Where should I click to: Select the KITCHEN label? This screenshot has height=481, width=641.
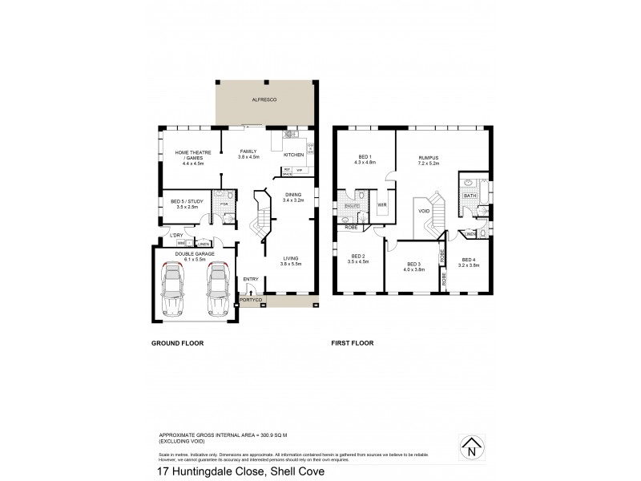[x=293, y=153]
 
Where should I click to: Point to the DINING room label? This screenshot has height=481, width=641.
[x=292, y=196]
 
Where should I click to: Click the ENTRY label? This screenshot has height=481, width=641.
[x=251, y=280]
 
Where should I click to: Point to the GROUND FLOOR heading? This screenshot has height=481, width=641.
[x=178, y=342]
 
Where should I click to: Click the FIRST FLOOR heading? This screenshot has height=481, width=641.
[x=353, y=342]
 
